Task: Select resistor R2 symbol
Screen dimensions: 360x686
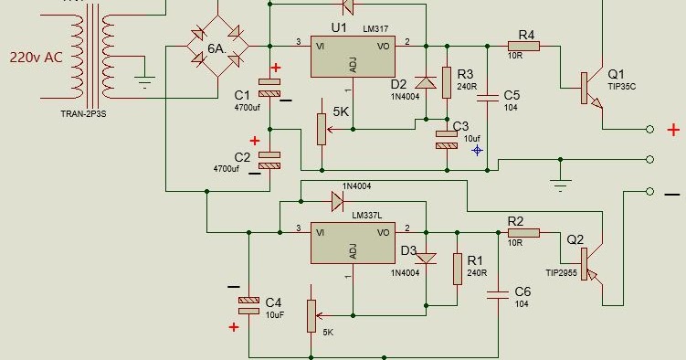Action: [x=522, y=233]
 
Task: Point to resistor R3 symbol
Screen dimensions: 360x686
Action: [x=446, y=82]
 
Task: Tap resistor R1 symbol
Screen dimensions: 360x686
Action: [x=457, y=268]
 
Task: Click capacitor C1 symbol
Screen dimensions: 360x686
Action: [x=271, y=88]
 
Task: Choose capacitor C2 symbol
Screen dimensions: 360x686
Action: [x=271, y=160]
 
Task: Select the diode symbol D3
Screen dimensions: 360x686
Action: [x=425, y=258]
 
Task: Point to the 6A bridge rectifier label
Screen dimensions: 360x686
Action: [x=216, y=48]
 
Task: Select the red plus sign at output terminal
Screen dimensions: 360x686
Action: [x=674, y=130]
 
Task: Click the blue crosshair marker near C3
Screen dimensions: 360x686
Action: [x=477, y=149]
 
